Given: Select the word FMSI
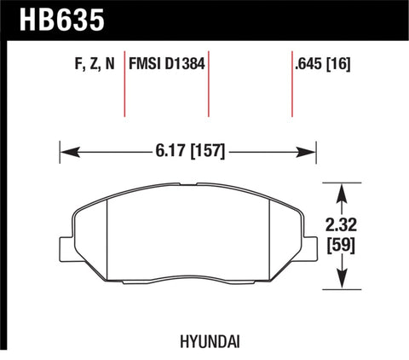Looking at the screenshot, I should pyautogui.click(x=147, y=63).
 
